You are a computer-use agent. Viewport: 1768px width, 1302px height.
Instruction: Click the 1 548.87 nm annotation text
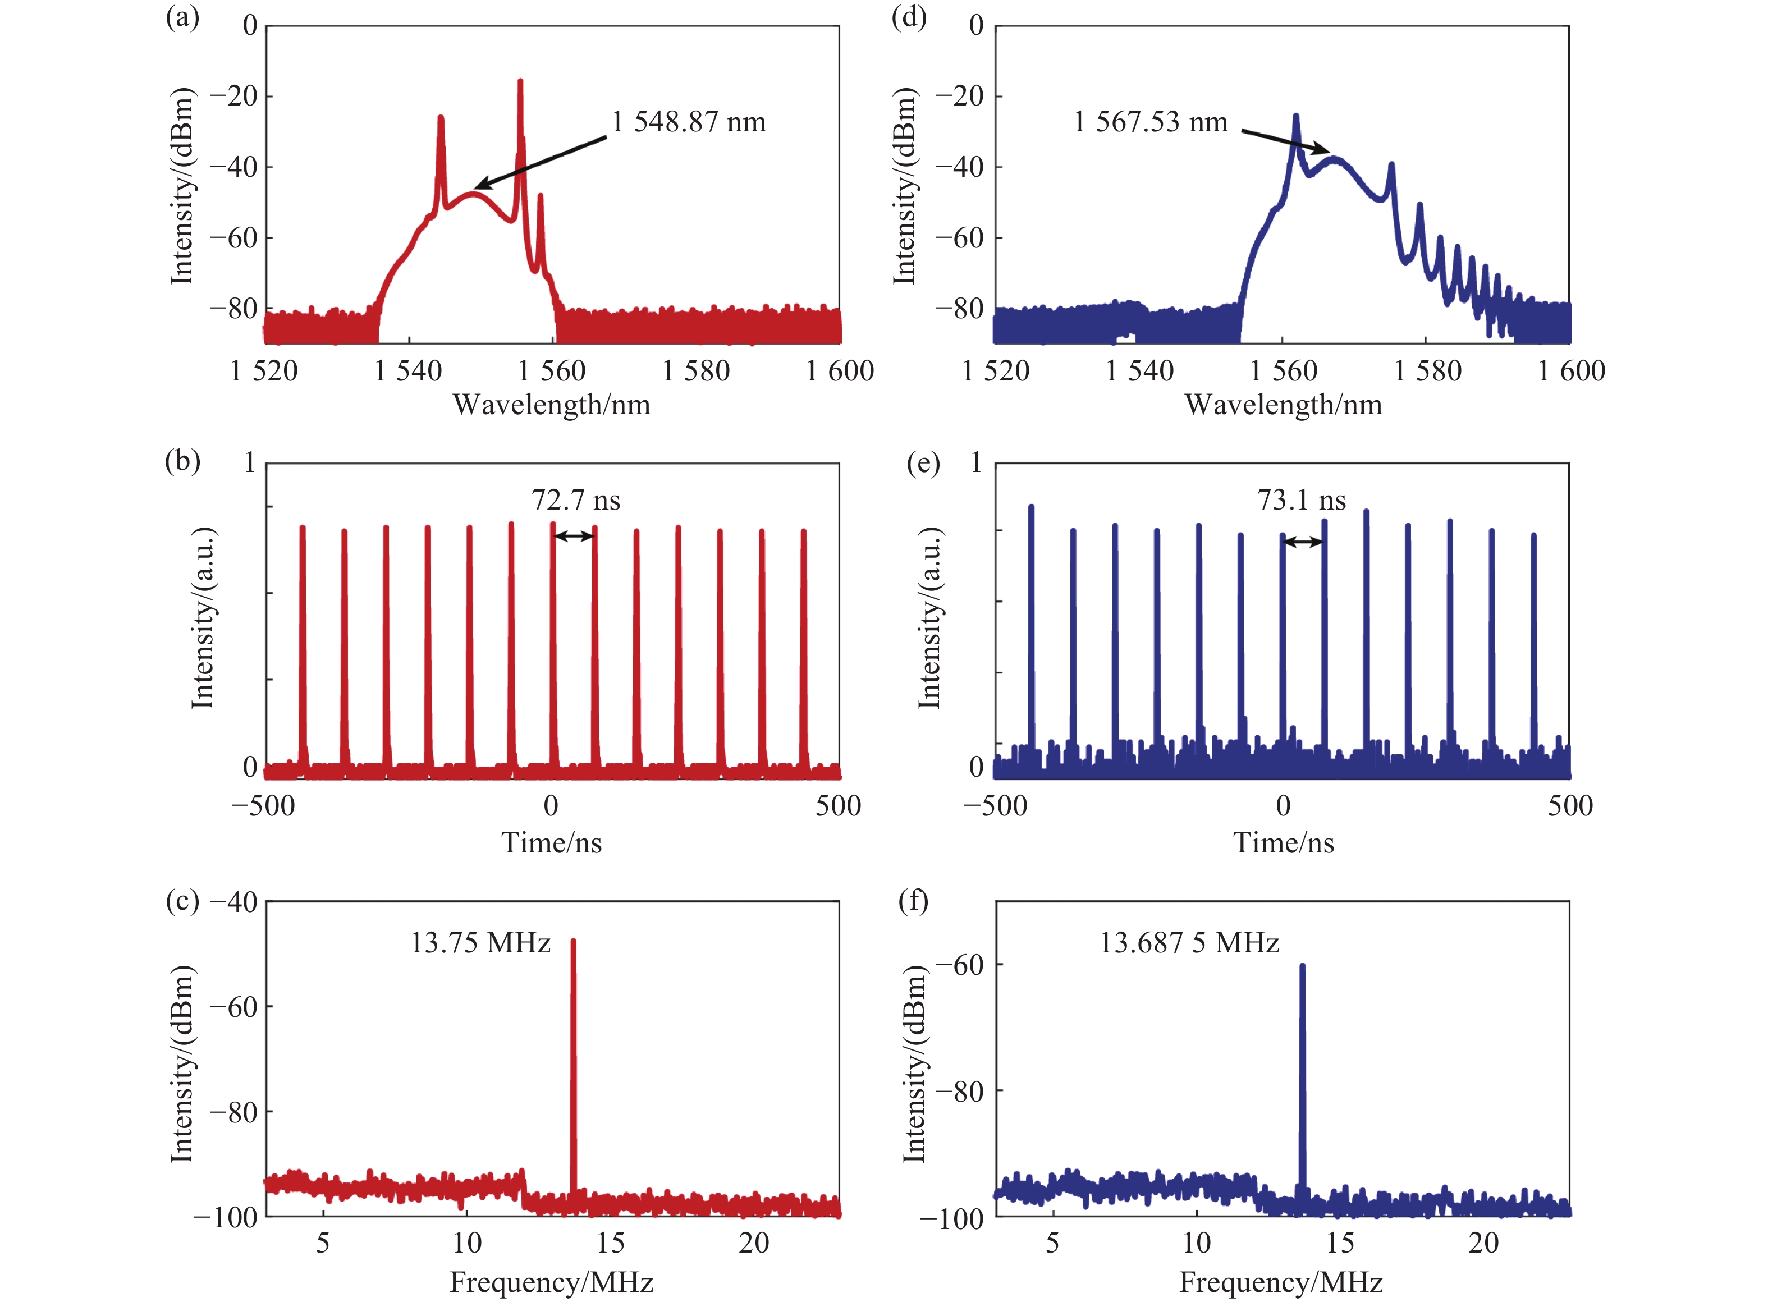688,122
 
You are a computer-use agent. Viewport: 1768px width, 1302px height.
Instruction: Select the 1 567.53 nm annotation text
1150,122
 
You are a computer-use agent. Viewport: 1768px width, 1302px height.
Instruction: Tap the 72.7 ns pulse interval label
575,499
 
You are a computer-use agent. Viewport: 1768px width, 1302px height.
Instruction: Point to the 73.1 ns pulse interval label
1302,499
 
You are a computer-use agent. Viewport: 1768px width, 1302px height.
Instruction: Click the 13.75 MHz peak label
480,943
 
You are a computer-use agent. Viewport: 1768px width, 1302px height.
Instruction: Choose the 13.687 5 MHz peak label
1189,943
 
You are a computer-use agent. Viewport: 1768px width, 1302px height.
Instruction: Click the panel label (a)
182,17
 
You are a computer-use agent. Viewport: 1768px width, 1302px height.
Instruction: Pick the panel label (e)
923,462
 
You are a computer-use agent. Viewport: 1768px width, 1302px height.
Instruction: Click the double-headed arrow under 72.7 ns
574,536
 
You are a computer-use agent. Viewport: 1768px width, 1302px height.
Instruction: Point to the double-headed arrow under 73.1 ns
1303,542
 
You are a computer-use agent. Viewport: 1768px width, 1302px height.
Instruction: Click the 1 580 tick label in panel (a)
695,371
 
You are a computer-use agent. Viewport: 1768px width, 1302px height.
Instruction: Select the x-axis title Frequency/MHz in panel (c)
551,1282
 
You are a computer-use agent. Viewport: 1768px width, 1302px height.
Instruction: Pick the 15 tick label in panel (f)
1340,1243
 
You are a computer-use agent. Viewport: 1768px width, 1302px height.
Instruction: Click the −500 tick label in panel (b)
263,805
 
